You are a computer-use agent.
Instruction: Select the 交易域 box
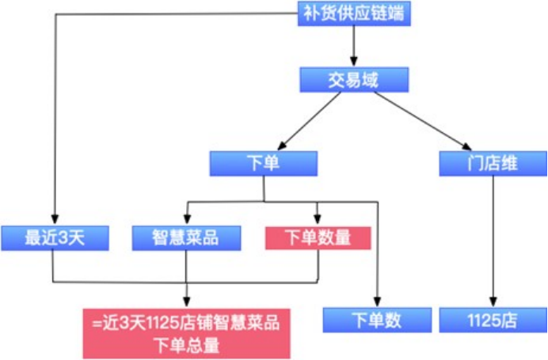[x=354, y=79]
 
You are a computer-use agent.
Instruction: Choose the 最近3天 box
[x=54, y=237]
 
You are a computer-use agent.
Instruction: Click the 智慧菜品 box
[x=186, y=237]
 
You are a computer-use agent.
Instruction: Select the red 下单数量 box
[x=318, y=237]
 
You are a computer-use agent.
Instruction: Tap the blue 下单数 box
[x=377, y=320]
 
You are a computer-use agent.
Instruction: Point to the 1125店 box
[x=493, y=320]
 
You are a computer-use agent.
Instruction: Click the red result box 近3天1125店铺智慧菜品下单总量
[x=186, y=333]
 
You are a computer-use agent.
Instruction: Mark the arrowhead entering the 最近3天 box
[x=54, y=221]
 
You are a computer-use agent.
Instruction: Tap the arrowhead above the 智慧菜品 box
[x=186, y=221]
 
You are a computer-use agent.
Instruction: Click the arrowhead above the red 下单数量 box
[x=318, y=221]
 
